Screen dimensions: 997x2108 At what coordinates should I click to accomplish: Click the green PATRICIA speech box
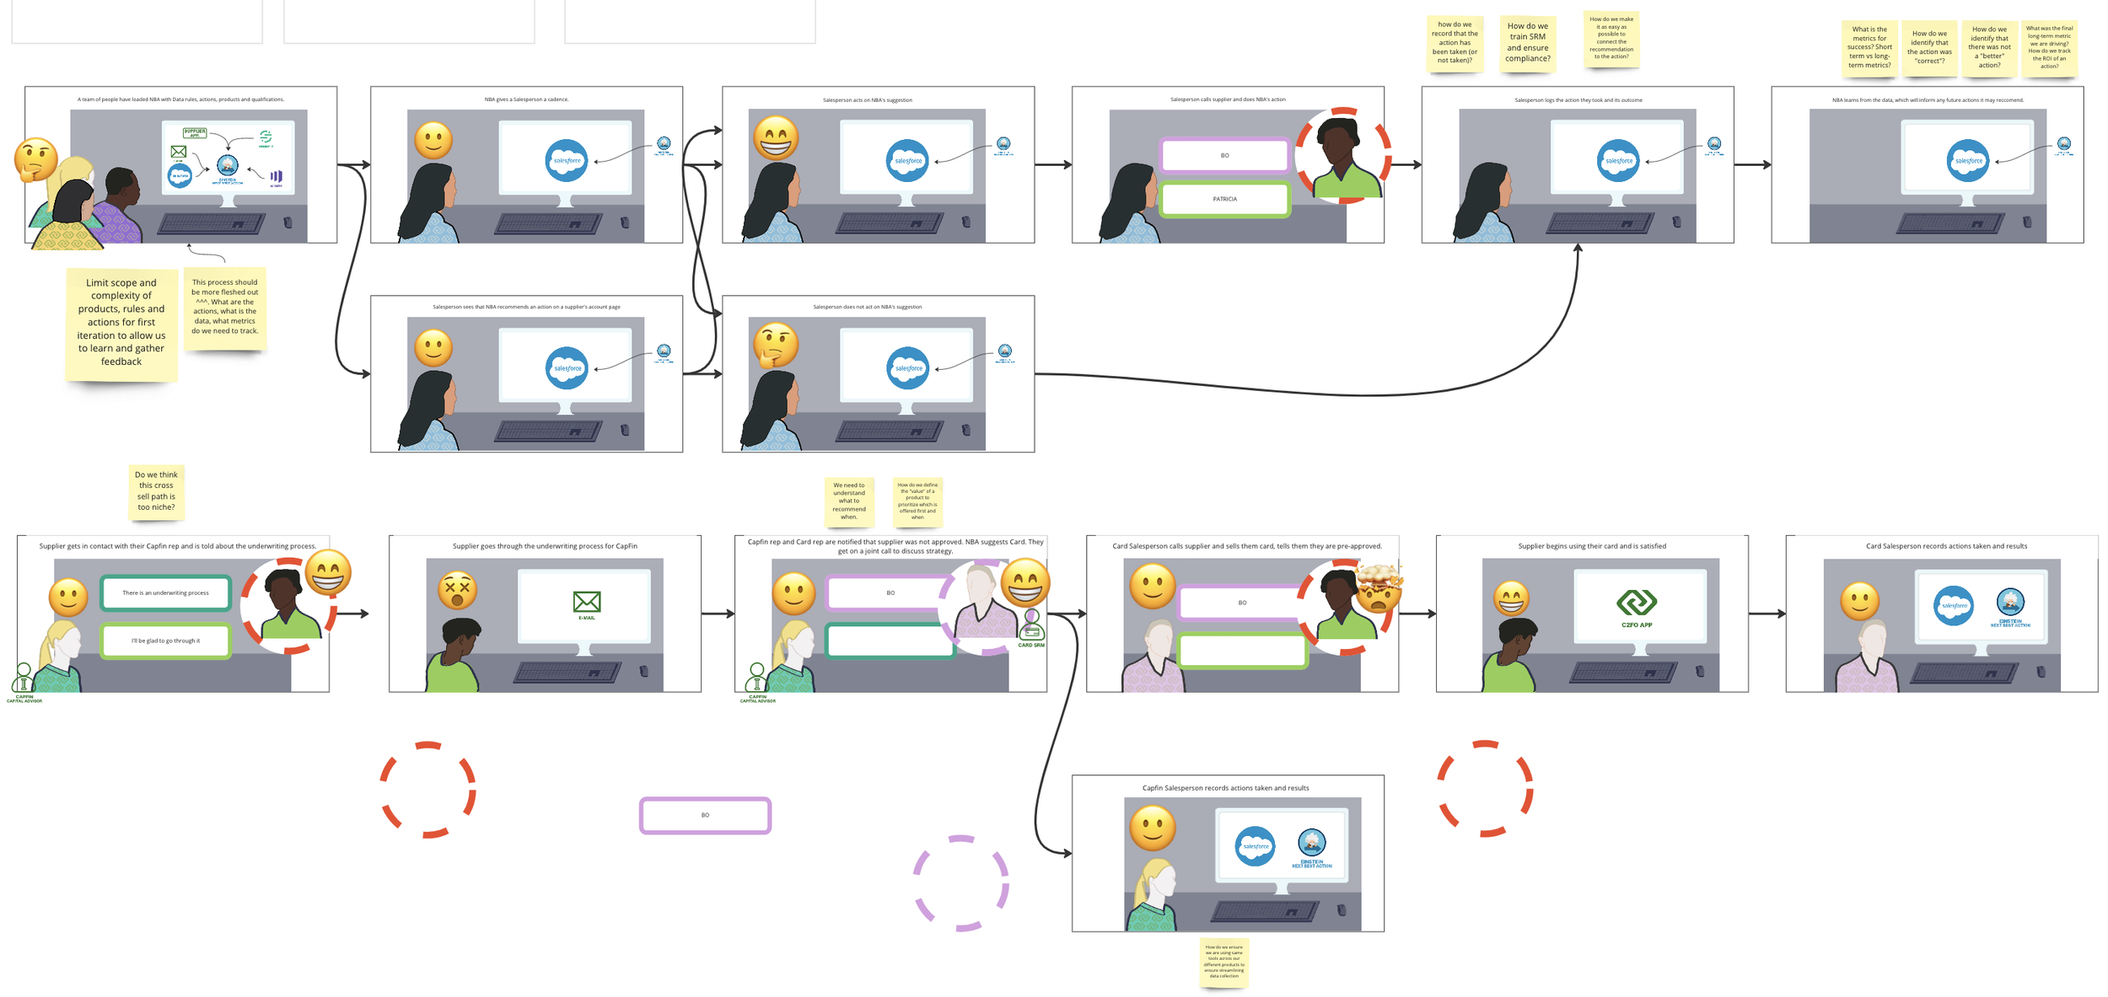tap(1224, 200)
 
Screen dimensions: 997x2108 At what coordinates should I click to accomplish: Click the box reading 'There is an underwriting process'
tap(165, 593)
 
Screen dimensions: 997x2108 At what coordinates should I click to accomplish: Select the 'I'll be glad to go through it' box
tap(165, 641)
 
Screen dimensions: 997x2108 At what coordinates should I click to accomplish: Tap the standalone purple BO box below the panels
tap(705, 816)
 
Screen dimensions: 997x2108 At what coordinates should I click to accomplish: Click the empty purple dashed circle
tap(961, 883)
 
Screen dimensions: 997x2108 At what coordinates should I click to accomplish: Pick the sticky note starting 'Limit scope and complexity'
tap(121, 323)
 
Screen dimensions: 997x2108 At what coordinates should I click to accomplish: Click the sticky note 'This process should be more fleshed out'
tap(225, 308)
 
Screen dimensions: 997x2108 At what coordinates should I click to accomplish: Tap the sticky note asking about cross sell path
tap(156, 491)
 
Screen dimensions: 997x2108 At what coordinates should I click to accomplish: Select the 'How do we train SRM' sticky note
tap(1527, 42)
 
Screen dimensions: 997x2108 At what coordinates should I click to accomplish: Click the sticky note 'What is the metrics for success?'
tap(1869, 48)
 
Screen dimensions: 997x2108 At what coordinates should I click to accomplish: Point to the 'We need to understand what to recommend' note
tap(849, 501)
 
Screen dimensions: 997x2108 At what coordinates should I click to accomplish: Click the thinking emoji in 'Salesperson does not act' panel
tap(775, 345)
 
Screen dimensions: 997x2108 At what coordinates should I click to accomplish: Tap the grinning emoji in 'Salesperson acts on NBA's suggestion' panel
tap(776, 138)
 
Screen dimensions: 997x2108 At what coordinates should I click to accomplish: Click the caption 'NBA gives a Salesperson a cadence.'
tap(526, 99)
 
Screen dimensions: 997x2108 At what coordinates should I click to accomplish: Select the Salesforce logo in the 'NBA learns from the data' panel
tap(1968, 161)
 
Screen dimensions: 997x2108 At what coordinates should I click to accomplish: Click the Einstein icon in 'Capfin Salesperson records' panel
tap(1311, 842)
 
